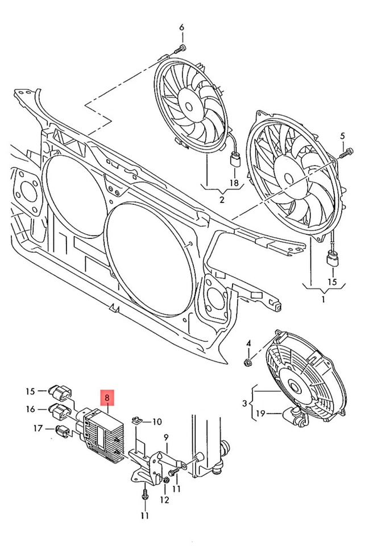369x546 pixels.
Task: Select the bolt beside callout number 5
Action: coord(346,152)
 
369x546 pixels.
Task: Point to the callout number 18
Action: coord(233,183)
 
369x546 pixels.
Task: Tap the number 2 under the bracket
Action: coord(222,200)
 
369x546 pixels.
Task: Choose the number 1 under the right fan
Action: coord(323,298)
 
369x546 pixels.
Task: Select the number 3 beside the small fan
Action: coord(244,403)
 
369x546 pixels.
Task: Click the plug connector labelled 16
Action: coord(59,409)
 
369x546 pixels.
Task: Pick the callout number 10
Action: coord(156,421)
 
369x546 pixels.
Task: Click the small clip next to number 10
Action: coord(136,421)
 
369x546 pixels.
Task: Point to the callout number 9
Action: coord(167,437)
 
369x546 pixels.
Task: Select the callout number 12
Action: coord(164,500)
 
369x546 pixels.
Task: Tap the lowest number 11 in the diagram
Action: coord(144,515)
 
